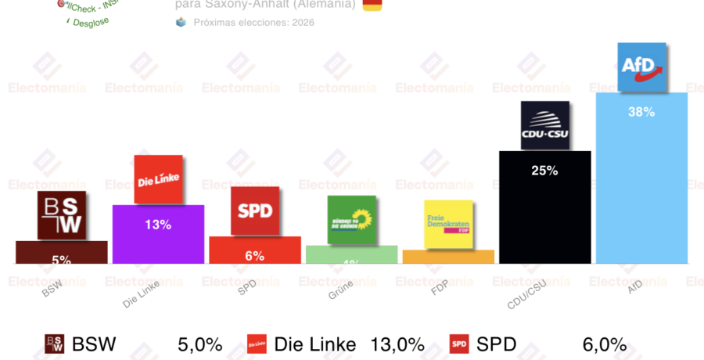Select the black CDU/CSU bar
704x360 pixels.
pos(544,219)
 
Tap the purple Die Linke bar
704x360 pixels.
pos(158,243)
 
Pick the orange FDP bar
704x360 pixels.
pos(448,257)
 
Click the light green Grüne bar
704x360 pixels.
pos(351,255)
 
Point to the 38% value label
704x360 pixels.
pos(641,112)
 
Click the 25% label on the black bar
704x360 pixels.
pos(544,170)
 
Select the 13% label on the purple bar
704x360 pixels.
pos(158,225)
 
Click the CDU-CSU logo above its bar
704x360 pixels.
pos(544,125)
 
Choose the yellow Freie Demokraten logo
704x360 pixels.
pos(448,225)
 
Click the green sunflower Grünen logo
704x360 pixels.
pos(351,220)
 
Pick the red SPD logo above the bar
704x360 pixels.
pos(254,211)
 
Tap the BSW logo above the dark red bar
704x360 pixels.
pos(61,216)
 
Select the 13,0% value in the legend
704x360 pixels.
pos(397,344)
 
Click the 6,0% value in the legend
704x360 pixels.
pos(605,344)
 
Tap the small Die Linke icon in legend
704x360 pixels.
pos(257,344)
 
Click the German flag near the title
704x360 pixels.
pos(372,5)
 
